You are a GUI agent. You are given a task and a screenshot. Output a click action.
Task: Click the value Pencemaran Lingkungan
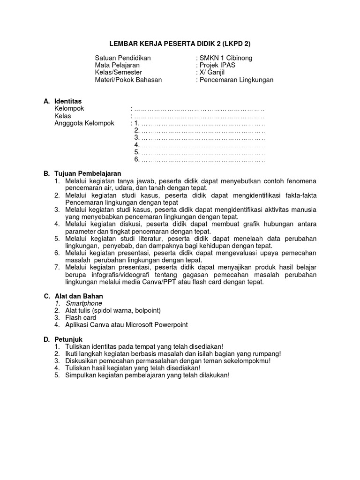click(236, 80)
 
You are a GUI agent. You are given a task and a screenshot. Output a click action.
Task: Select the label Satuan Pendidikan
click(123, 58)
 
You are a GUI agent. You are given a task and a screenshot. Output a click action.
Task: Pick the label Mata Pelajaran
click(117, 65)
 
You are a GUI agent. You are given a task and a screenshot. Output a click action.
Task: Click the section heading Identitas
click(68, 101)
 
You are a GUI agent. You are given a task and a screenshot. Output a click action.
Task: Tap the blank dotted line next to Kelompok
click(199, 109)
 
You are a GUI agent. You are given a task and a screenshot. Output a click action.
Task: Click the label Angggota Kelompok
click(84, 123)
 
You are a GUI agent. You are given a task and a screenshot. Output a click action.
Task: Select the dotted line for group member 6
click(202, 159)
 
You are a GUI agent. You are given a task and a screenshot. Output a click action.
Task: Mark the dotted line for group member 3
click(202, 138)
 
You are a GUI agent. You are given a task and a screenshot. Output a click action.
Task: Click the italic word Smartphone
click(83, 303)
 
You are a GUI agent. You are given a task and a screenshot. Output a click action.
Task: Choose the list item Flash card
click(81, 317)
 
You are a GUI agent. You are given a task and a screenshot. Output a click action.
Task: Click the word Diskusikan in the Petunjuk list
click(81, 361)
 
